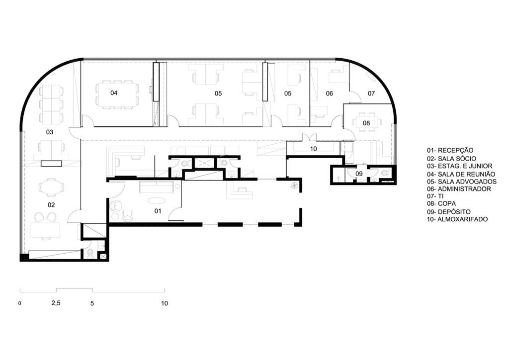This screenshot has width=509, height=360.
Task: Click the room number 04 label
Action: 114,93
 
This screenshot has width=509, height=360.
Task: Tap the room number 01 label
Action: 158,211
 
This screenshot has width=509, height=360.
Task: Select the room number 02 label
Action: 51,205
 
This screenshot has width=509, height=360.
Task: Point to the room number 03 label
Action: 49,132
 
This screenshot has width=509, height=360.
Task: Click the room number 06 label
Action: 329,93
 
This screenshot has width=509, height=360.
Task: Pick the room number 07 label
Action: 371,93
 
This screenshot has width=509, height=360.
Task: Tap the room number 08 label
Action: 366,123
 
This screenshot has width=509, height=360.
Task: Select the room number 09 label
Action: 359,174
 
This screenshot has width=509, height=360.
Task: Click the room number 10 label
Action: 313,149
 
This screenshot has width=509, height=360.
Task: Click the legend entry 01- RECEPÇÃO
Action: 450,150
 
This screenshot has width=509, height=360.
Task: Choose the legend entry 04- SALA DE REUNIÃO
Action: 461,175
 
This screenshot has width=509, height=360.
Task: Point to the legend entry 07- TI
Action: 435,196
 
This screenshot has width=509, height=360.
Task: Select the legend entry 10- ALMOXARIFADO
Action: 457,219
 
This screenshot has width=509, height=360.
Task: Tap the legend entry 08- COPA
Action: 441,203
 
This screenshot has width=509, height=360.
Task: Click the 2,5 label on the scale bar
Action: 56,303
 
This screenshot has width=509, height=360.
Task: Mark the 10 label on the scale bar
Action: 165,303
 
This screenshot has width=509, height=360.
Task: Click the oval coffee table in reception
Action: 156,201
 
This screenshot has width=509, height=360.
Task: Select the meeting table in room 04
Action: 117,93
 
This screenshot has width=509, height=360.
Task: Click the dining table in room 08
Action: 367,123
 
